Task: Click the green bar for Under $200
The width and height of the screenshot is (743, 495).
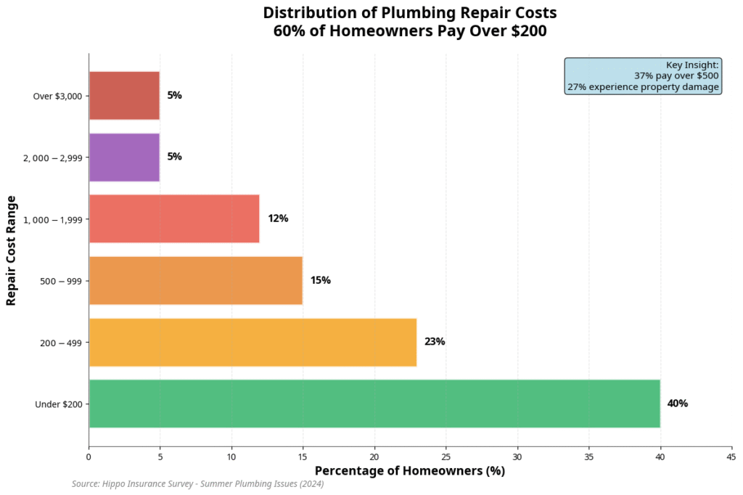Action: (x=374, y=404)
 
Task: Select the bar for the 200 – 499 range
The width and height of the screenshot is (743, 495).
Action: (x=253, y=342)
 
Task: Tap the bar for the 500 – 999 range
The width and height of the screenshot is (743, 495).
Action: (x=195, y=280)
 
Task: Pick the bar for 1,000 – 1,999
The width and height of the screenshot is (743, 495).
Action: (x=174, y=218)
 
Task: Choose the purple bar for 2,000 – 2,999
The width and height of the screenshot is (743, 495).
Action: (x=124, y=157)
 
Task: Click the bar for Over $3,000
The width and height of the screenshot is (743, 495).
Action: (x=124, y=95)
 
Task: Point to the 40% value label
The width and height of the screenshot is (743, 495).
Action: (x=677, y=404)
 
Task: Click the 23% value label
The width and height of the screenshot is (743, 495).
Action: (x=435, y=342)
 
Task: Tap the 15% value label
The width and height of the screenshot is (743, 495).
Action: (x=320, y=280)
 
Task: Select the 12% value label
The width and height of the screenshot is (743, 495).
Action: (x=277, y=218)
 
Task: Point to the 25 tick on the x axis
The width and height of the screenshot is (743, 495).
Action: (x=446, y=457)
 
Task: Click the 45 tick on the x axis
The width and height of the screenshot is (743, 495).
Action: (x=731, y=457)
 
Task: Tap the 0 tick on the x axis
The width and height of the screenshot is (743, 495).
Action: (x=89, y=457)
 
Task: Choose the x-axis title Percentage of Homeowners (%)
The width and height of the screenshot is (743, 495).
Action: (x=409, y=471)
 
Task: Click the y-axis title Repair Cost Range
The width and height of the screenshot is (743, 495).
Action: (x=11, y=250)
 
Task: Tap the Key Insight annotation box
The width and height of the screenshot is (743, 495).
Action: (x=643, y=76)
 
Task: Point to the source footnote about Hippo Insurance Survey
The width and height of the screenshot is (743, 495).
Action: (x=197, y=484)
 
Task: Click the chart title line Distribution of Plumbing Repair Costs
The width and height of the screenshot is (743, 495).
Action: (x=410, y=13)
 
